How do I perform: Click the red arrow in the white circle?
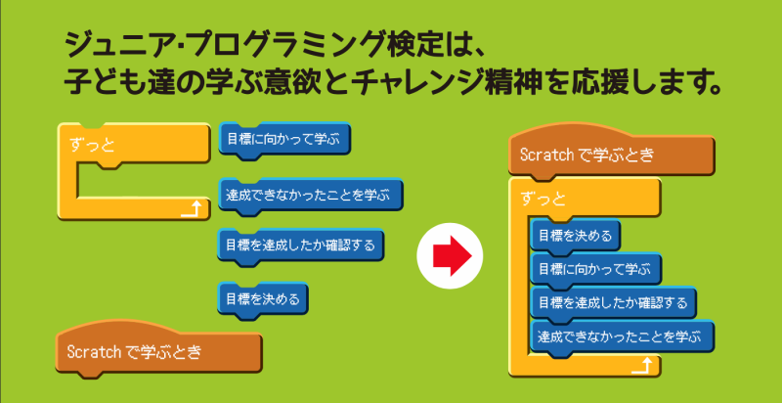coord(453,256)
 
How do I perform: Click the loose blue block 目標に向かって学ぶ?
coord(284,140)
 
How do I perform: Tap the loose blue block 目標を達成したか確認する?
coord(300,246)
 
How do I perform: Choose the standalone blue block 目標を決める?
coord(263,299)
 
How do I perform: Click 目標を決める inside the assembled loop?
coord(576,236)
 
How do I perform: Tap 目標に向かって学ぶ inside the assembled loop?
coord(596,270)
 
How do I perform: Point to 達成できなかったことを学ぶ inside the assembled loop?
coord(623,337)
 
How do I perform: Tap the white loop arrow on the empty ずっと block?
coord(191,209)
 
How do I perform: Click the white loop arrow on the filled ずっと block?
coord(641,366)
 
